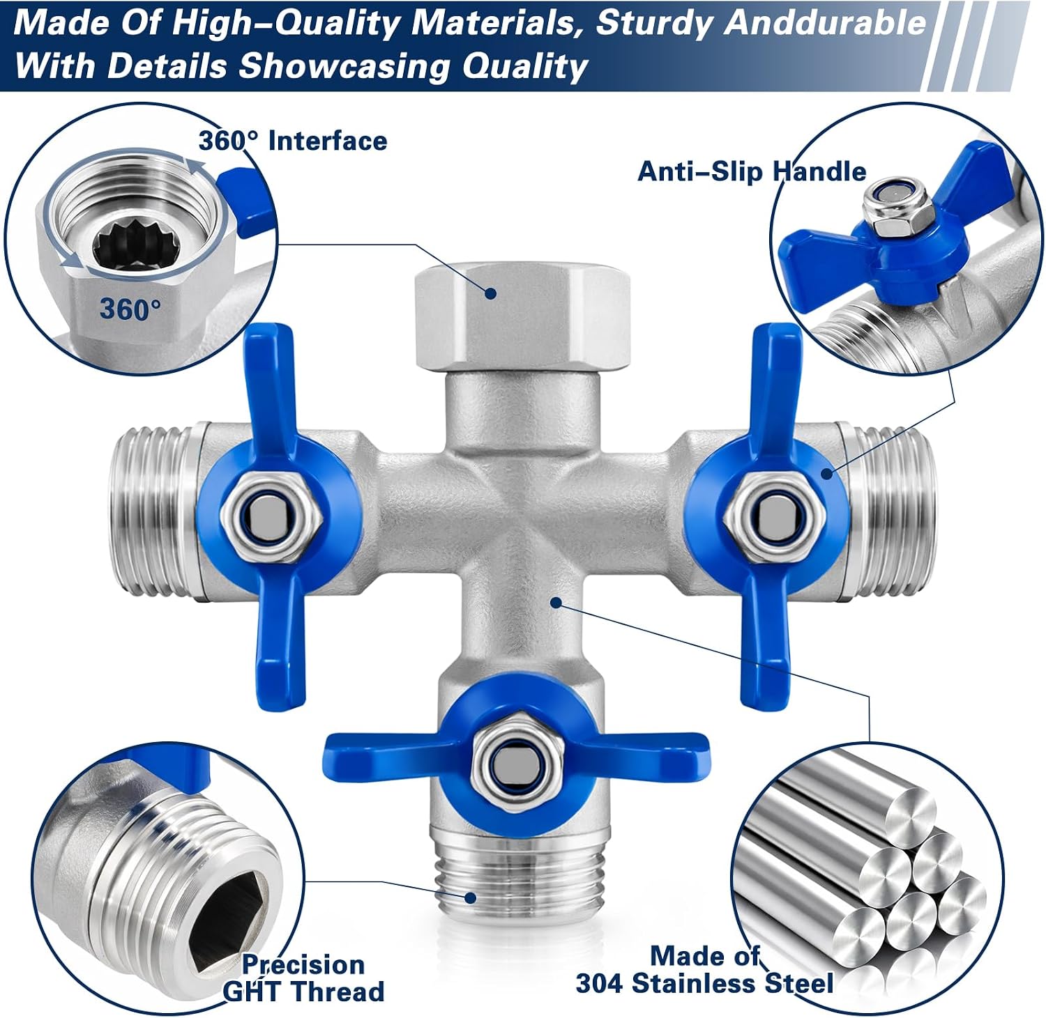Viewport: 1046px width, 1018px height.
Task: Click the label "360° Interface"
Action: [293, 141]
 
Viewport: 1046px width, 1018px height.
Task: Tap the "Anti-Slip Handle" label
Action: [752, 171]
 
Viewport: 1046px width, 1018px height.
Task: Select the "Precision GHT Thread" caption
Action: [303, 978]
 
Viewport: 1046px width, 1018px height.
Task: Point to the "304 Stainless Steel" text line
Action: [704, 983]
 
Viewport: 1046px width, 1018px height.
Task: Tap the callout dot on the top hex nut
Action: [491, 293]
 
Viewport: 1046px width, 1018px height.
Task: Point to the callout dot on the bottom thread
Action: [471, 897]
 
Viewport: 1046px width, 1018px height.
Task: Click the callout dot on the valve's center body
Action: [556, 601]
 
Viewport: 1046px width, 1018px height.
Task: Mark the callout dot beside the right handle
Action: [828, 474]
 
